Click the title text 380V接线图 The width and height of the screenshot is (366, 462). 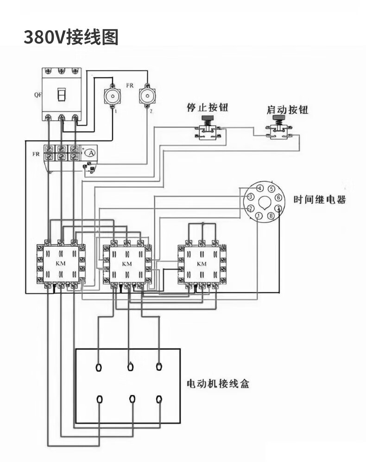(x=71, y=37)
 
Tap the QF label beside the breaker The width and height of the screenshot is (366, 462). (x=37, y=95)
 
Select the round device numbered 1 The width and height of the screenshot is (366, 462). (x=112, y=96)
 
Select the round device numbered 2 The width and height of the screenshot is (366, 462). (x=147, y=96)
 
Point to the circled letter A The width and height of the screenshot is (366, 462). (x=91, y=153)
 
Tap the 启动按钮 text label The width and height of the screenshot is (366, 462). (x=287, y=110)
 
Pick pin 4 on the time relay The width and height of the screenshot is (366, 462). (x=260, y=188)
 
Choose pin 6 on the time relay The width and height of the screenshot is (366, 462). (x=278, y=198)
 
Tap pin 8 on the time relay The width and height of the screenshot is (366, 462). (x=271, y=216)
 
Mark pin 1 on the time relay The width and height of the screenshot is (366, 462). (x=259, y=216)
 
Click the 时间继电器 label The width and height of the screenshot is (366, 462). (x=320, y=200)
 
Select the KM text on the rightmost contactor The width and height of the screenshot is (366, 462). (x=202, y=263)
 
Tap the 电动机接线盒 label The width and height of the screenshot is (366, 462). (x=217, y=384)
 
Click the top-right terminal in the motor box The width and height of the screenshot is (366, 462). (x=159, y=367)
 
